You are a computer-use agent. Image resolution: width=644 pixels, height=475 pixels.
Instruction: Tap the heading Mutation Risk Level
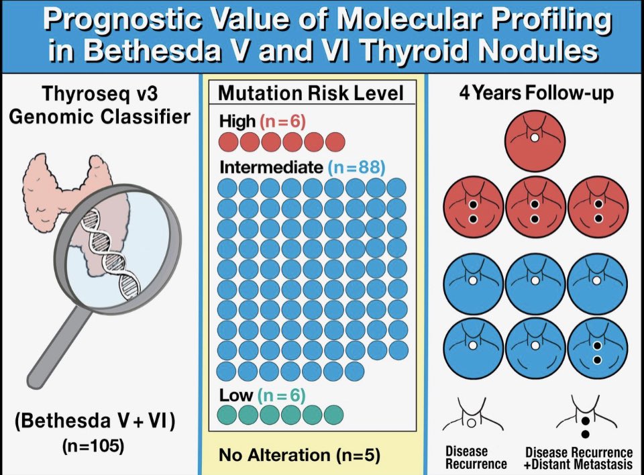click(x=312, y=93)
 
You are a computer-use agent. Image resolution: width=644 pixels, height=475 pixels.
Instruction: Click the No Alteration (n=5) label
click(x=299, y=455)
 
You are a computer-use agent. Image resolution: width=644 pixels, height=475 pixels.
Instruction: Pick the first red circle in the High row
click(x=228, y=142)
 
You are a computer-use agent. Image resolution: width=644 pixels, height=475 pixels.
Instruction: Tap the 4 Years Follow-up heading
click(x=536, y=93)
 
